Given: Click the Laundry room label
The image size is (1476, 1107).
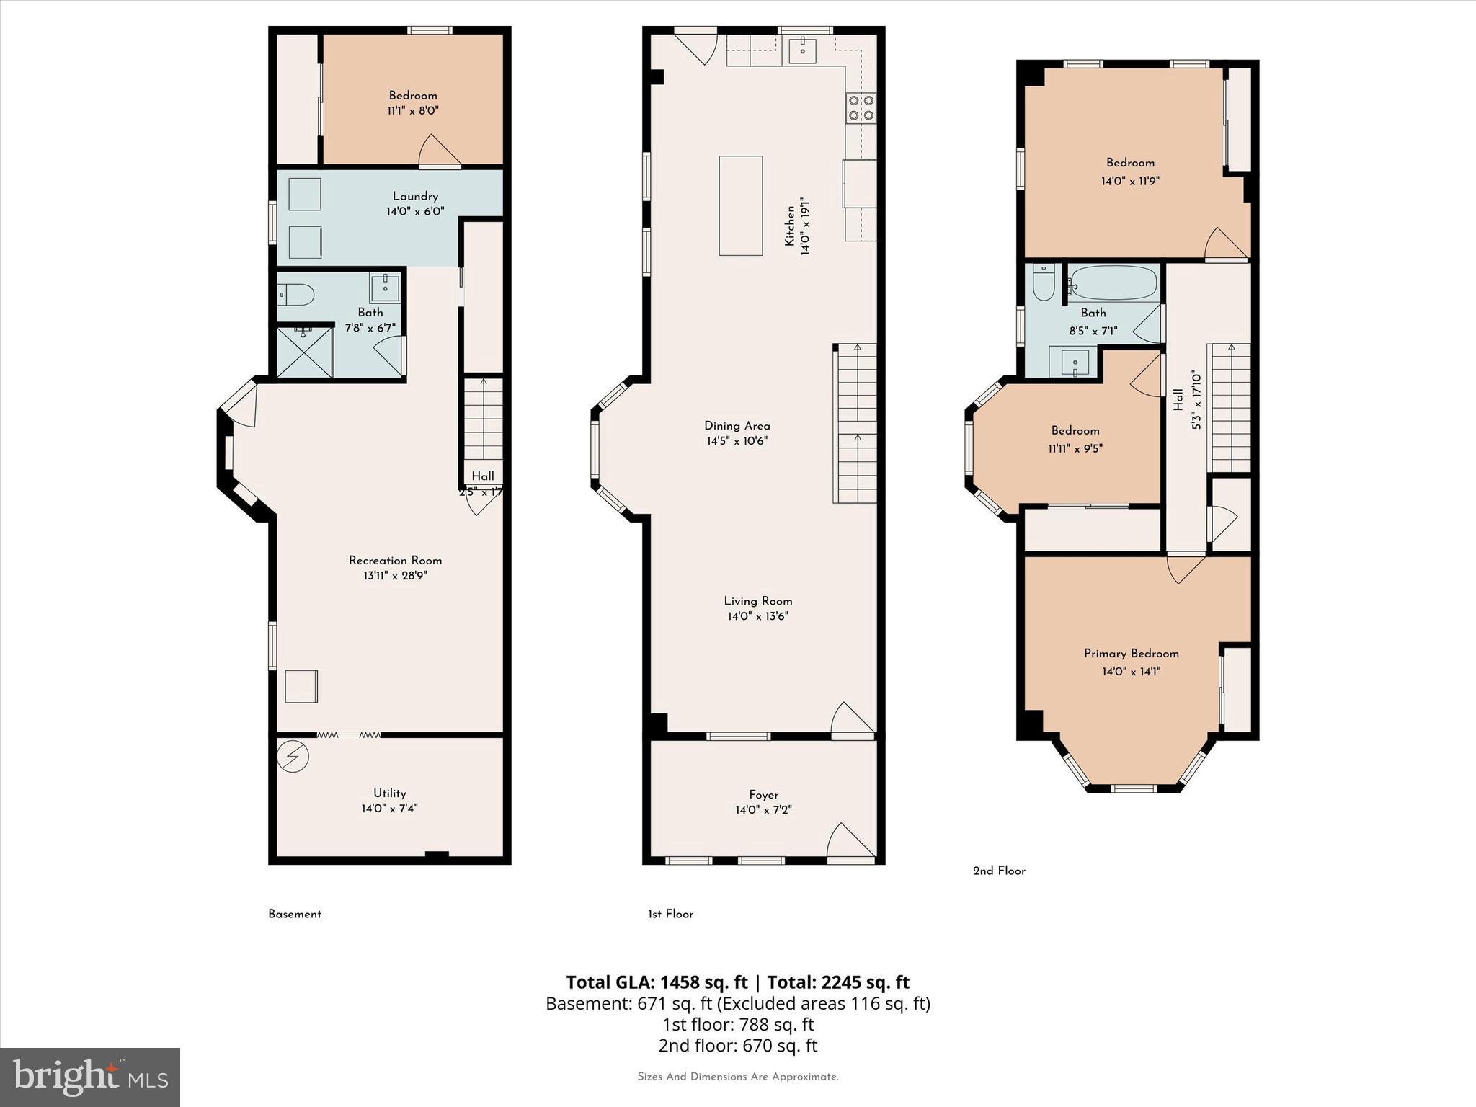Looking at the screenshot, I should pyautogui.click(x=415, y=196).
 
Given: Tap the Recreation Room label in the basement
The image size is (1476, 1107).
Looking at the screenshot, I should pyautogui.click(x=395, y=560).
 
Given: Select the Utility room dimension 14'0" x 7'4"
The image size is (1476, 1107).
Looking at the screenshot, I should pyautogui.click(x=389, y=809).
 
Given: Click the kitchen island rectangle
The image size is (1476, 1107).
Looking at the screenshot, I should pyautogui.click(x=740, y=205).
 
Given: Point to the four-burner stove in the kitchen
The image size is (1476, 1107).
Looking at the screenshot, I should pyautogui.click(x=861, y=108).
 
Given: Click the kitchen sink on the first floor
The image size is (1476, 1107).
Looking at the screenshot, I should pyautogui.click(x=801, y=50).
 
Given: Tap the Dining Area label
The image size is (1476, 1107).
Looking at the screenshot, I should pyautogui.click(x=737, y=425).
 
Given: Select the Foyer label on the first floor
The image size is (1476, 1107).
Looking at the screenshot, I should pyautogui.click(x=763, y=794).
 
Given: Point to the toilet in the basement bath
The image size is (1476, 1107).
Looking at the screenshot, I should pyautogui.click(x=297, y=294).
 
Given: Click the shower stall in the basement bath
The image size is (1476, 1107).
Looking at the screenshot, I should pyautogui.click(x=305, y=352).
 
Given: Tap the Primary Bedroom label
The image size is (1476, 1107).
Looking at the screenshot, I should pyautogui.click(x=1131, y=653).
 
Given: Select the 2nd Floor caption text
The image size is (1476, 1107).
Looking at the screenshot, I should pyautogui.click(x=999, y=871).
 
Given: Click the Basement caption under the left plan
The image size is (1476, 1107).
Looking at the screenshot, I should pyautogui.click(x=295, y=914).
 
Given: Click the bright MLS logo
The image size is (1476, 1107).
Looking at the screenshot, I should pyautogui.click(x=90, y=1077).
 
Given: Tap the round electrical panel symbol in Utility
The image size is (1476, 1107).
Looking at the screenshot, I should pyautogui.click(x=293, y=757).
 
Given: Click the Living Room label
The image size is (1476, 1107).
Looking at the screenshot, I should pyautogui.click(x=757, y=600).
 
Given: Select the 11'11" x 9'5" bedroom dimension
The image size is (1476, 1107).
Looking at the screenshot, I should pyautogui.click(x=1075, y=448).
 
